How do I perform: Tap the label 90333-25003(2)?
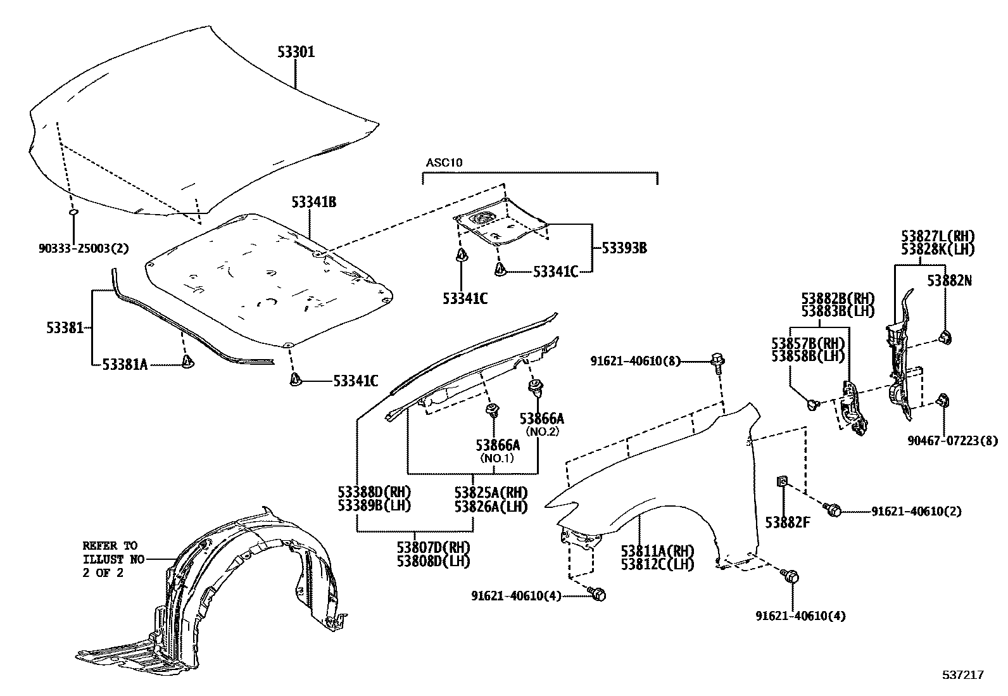[83, 248]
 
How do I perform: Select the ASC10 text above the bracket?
[444, 163]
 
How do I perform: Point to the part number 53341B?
[313, 202]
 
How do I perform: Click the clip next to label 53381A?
[188, 362]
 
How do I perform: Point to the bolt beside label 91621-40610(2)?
[833, 509]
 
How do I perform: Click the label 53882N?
[949, 280]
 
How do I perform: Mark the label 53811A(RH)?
[657, 551]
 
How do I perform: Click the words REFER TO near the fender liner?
[109, 545]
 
